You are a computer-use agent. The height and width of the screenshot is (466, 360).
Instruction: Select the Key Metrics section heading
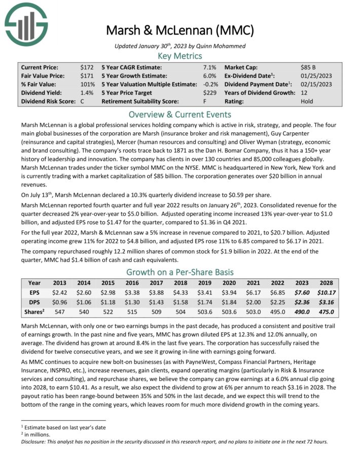click(179, 56)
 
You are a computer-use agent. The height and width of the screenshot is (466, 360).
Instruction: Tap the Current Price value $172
click(87, 67)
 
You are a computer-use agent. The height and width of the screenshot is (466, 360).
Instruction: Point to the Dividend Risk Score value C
click(82, 101)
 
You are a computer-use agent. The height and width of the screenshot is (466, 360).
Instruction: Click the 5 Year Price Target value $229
click(209, 93)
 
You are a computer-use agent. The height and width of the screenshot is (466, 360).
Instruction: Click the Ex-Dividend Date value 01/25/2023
click(316, 76)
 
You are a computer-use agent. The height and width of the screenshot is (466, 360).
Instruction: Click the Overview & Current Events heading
click(179, 114)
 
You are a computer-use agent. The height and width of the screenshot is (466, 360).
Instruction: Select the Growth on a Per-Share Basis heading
click(179, 271)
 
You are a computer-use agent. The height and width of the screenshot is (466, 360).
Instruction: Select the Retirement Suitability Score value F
click(213, 101)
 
